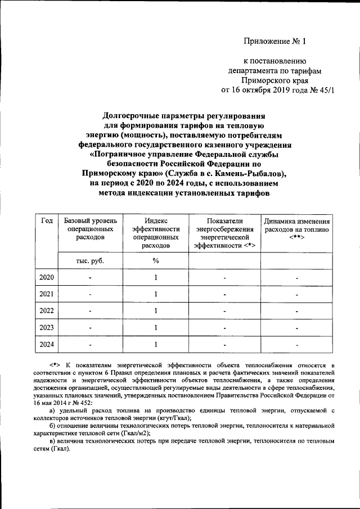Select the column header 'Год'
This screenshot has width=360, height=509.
tap(47, 221)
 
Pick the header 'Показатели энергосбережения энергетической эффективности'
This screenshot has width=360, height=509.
tap(225, 233)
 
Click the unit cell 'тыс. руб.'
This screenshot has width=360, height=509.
tap(90, 261)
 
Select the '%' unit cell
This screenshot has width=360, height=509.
tap(155, 261)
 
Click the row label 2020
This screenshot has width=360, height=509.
tap(47, 277)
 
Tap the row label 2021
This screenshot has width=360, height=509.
tap(47, 294)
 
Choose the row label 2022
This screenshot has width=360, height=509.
tap(47, 310)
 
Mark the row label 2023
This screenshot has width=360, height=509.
tap(47, 327)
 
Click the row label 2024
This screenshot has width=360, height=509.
tap(47, 344)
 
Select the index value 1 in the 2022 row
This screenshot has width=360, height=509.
tap(155, 310)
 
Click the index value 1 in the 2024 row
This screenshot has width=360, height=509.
tap(155, 344)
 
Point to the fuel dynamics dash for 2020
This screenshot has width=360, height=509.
tap(297, 278)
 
